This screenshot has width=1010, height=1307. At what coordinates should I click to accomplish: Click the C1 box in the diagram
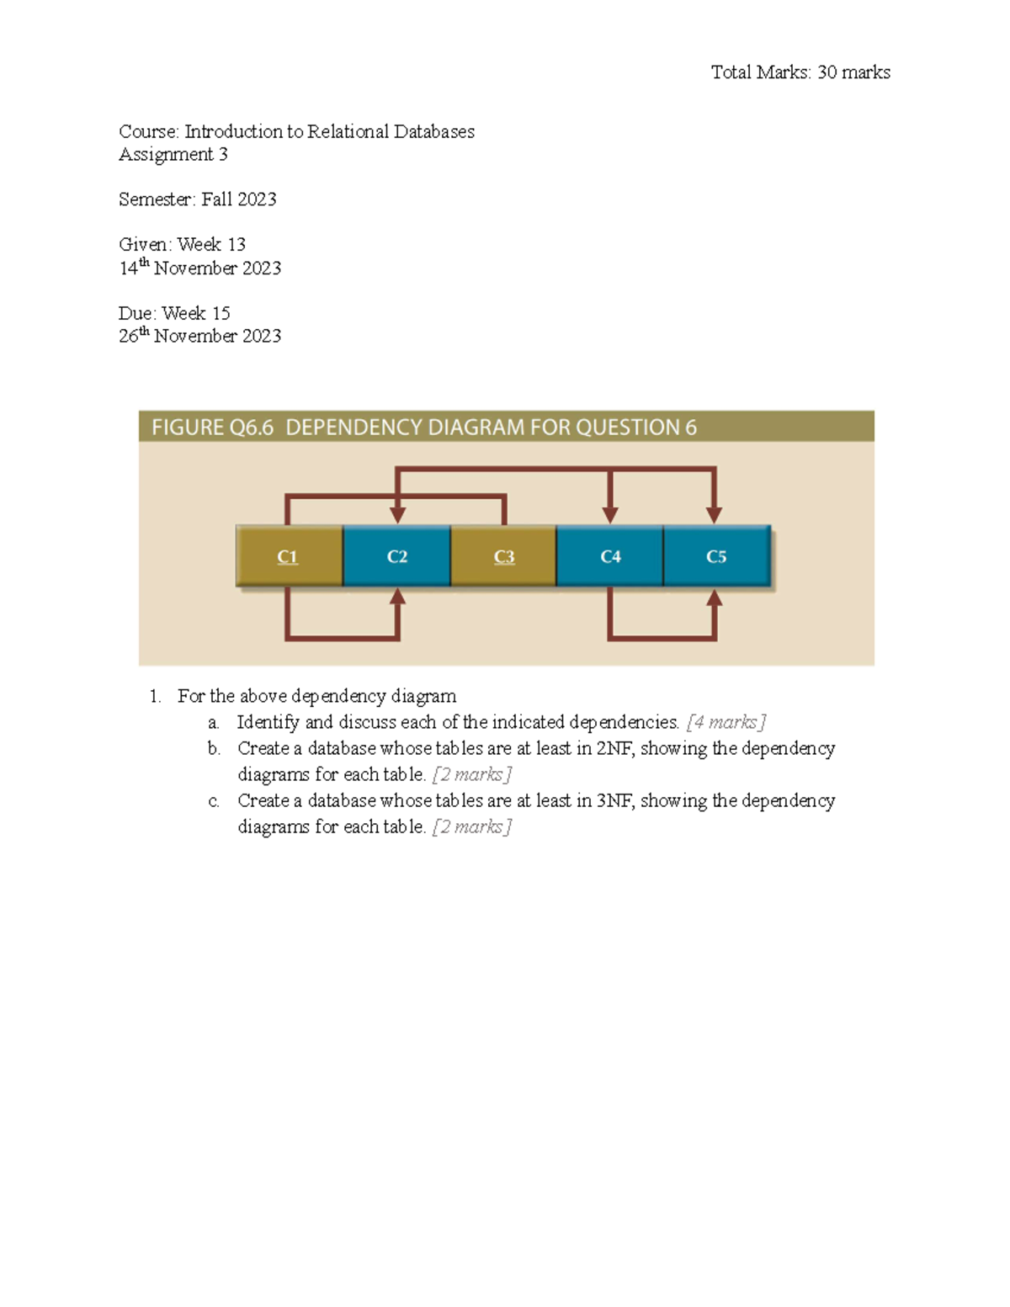click(289, 556)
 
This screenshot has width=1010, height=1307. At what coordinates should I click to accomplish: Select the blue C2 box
click(396, 556)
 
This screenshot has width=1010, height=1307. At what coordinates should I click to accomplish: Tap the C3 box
click(503, 556)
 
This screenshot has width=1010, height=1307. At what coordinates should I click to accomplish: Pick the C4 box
click(610, 556)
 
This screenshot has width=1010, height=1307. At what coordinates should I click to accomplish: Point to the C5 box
click(716, 556)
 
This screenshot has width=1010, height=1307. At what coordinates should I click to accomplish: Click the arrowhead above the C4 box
click(610, 514)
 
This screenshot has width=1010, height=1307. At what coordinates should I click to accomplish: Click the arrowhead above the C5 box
click(714, 514)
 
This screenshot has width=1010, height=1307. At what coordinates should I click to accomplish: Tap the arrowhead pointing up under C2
click(397, 597)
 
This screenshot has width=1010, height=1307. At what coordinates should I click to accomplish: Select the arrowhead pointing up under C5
click(714, 597)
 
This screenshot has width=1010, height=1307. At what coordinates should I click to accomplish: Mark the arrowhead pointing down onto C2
click(397, 514)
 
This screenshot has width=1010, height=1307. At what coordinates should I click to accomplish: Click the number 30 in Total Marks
click(827, 72)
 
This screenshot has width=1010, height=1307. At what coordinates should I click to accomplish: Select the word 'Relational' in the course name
click(348, 131)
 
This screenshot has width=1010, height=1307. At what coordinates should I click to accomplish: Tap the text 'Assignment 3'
click(173, 154)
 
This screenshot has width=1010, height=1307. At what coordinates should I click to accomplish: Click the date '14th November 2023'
click(199, 268)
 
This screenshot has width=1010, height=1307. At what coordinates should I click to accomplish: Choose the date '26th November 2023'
click(199, 336)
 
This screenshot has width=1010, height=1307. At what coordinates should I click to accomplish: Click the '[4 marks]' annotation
click(726, 722)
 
